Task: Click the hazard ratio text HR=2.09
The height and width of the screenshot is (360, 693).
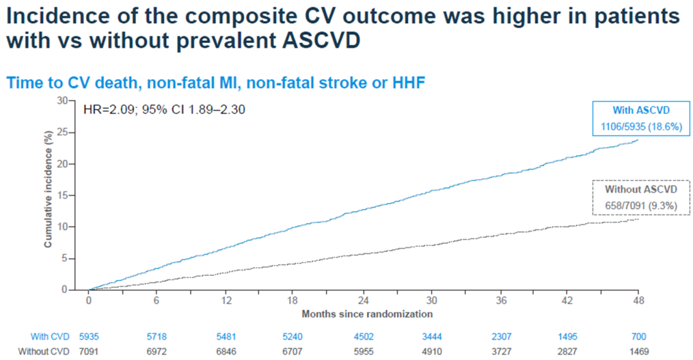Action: [x=108, y=109]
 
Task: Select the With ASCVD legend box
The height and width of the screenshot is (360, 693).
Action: [x=641, y=119]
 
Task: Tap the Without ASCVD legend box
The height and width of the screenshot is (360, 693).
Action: [x=641, y=198]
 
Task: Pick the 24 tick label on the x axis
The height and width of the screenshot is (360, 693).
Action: [x=363, y=300]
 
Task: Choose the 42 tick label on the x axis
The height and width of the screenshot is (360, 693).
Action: [x=567, y=300]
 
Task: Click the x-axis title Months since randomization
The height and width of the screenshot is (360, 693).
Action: [x=367, y=314]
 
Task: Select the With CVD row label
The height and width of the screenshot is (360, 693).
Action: [x=50, y=336]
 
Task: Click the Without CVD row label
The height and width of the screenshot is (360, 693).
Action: [x=44, y=352]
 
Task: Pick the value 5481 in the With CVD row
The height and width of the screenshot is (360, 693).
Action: [x=227, y=336]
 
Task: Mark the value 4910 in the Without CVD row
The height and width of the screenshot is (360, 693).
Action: [x=432, y=352]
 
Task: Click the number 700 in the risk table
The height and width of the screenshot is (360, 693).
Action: [x=638, y=336]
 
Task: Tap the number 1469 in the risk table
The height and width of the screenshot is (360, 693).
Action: [x=638, y=352]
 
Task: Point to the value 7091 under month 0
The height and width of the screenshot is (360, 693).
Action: [x=89, y=352]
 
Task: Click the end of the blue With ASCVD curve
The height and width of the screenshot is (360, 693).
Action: [x=638, y=140]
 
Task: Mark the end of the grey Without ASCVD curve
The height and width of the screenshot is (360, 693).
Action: [x=638, y=219]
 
